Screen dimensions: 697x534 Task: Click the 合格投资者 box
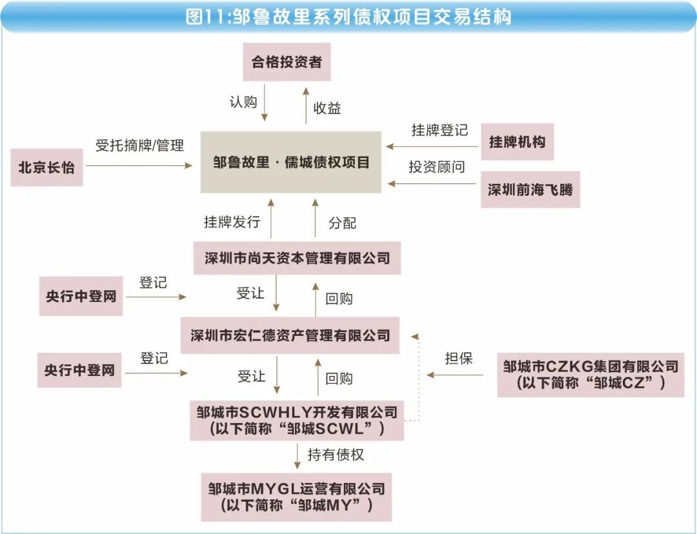click(x=287, y=62)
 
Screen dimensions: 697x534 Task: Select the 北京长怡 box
click(x=46, y=168)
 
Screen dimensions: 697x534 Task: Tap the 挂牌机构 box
click(x=517, y=142)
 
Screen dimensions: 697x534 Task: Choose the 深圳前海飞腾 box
click(x=530, y=190)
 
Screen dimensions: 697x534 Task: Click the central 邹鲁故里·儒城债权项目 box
click(x=290, y=162)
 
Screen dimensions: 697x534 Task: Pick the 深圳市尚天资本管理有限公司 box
click(x=297, y=258)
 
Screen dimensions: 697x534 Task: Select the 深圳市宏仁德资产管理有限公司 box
click(x=290, y=335)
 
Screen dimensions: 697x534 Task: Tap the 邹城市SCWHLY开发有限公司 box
click(x=296, y=420)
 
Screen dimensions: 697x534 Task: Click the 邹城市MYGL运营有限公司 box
click(x=296, y=497)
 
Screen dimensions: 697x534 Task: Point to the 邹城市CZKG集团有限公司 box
click(x=591, y=375)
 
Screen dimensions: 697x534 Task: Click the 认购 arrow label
click(x=243, y=102)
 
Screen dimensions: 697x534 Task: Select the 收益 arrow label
click(x=327, y=108)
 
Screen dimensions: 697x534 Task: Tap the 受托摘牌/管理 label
click(x=139, y=145)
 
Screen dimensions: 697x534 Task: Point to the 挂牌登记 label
click(x=439, y=130)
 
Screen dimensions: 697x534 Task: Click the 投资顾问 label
click(x=437, y=166)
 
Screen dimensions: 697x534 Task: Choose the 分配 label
click(x=342, y=222)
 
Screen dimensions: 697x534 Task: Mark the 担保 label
click(x=459, y=358)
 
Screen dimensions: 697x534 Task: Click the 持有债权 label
click(x=336, y=455)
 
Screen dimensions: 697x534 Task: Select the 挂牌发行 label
click(x=232, y=221)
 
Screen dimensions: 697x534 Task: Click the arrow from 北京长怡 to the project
click(x=139, y=166)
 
